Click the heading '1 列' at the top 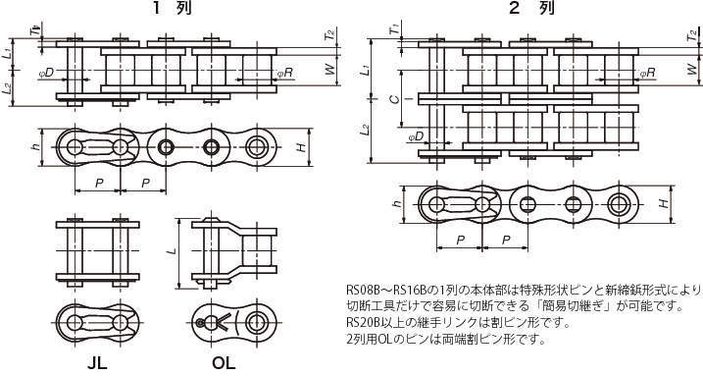click(x=173, y=8)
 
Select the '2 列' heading click(x=531, y=8)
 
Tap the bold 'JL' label click(x=97, y=362)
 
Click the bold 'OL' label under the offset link click(x=224, y=362)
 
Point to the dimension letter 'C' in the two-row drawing click(x=394, y=99)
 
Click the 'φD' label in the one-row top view click(x=46, y=73)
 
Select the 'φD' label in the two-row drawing click(x=416, y=135)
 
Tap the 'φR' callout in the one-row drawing click(x=284, y=73)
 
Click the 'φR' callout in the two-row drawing click(x=647, y=73)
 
